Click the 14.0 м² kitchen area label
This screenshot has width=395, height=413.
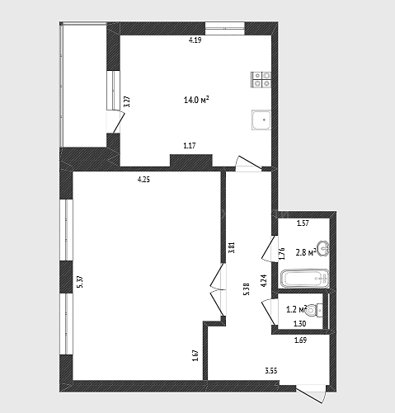[196, 100]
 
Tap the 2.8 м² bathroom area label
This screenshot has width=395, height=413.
[306, 252]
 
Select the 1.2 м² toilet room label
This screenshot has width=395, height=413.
[296, 309]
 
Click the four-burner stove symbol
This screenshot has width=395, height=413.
[261, 79]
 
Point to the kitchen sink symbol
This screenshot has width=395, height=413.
[261, 120]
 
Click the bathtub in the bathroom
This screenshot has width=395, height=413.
[305, 279]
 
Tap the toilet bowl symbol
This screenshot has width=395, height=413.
[314, 311]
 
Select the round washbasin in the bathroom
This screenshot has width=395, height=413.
[323, 248]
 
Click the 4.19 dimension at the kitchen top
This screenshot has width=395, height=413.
[195, 40]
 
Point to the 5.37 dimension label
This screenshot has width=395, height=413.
[81, 282]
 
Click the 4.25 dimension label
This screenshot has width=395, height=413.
[143, 180]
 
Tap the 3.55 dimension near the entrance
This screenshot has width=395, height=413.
[271, 371]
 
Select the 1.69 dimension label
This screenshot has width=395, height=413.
[300, 340]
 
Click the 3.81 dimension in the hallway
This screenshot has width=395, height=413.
[232, 247]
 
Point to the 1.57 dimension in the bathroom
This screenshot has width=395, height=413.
[303, 223]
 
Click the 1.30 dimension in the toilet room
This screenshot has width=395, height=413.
[299, 324]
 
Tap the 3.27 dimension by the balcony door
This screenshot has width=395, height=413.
[127, 101]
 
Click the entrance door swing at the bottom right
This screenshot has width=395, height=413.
[311, 394]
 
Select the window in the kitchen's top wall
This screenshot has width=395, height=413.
[225, 28]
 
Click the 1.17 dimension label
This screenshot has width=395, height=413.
[190, 145]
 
